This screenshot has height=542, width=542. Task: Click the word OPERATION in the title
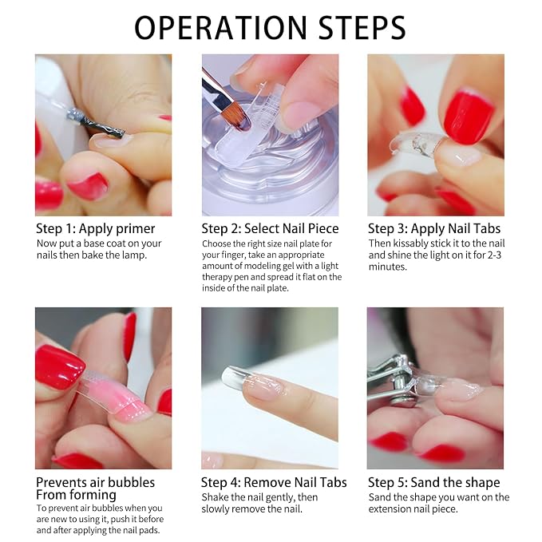tap(220, 27)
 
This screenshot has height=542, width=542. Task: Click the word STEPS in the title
tap(362, 27)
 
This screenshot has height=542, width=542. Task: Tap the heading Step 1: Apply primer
tap(96, 229)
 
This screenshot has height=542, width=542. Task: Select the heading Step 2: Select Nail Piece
tap(270, 228)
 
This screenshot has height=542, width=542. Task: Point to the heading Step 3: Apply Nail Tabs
tap(434, 228)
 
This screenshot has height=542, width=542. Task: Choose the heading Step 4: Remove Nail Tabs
tap(274, 482)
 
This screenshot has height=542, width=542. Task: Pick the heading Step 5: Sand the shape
tap(433, 482)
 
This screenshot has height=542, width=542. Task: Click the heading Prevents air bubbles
tap(96, 482)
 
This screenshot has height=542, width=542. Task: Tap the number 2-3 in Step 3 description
tap(493, 255)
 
